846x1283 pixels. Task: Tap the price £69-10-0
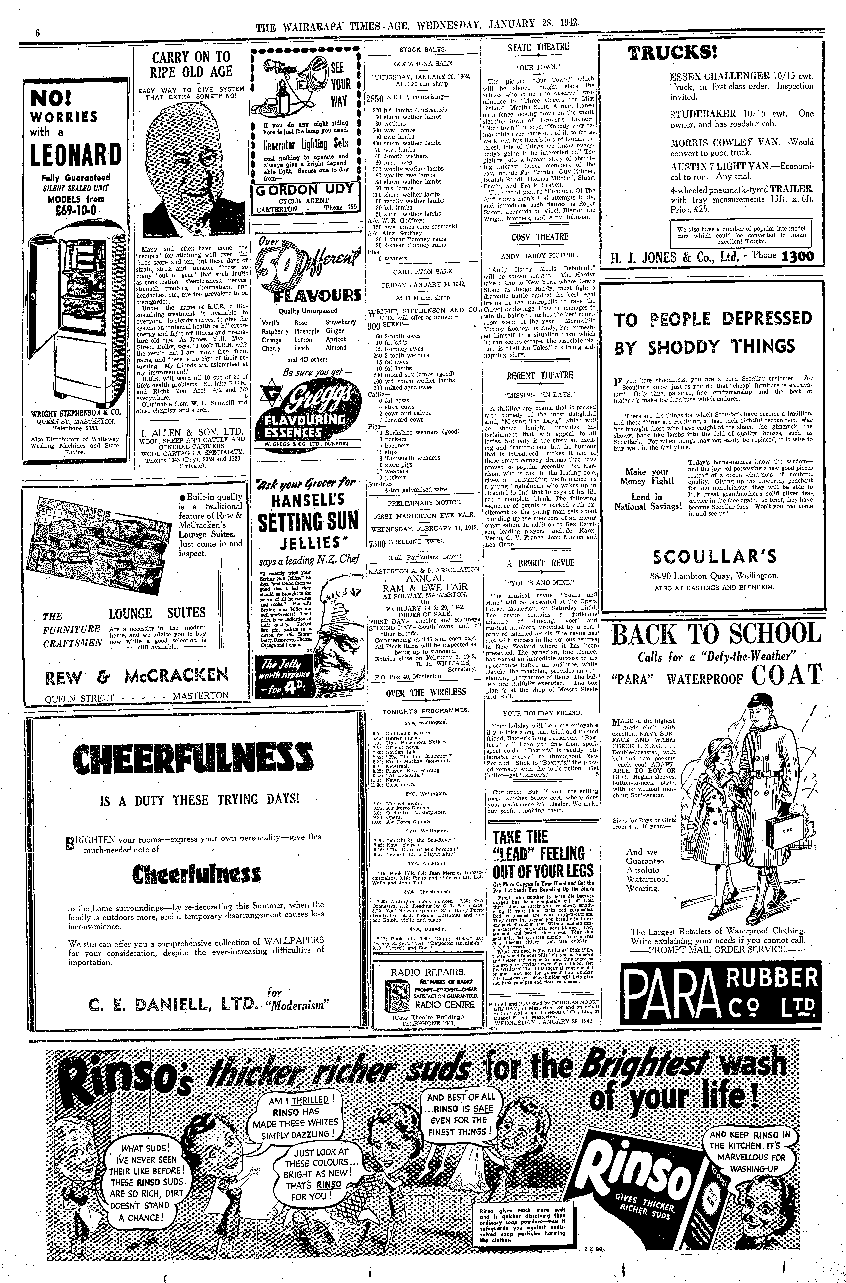72,209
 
